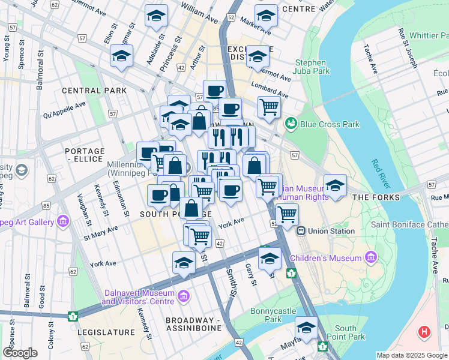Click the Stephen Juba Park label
click(x=310, y=67)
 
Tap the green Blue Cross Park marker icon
click(x=292, y=124)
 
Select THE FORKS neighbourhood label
click(x=376, y=197)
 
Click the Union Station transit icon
click(x=301, y=230)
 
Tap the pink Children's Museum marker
click(x=372, y=259)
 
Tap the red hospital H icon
click(x=424, y=331)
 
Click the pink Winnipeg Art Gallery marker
click(x=62, y=223)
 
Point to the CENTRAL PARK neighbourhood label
click(x=94, y=91)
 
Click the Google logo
click(x=20, y=353)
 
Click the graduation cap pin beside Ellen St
click(x=121, y=57)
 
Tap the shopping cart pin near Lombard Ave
click(x=270, y=107)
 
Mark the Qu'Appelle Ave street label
click(x=64, y=109)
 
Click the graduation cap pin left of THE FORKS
click(x=335, y=185)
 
